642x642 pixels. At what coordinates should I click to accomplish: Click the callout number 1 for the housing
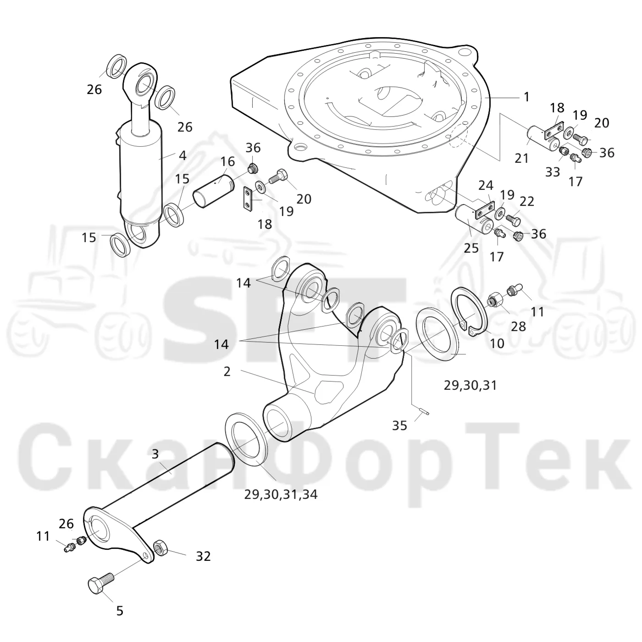(526, 97)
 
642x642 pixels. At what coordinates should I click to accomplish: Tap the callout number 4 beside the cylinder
(183, 156)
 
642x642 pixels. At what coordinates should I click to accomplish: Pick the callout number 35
(399, 426)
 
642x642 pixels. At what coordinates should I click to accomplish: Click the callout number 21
(521, 159)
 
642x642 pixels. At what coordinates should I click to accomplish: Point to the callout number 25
(471, 248)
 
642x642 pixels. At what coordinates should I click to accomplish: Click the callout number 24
(486, 186)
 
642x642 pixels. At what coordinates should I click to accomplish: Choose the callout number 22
(526, 202)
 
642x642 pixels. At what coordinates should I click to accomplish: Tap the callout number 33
(553, 172)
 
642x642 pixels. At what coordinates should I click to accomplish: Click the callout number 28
(518, 327)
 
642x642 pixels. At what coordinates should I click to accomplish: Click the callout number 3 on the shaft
(155, 454)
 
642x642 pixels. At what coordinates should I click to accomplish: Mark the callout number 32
(203, 556)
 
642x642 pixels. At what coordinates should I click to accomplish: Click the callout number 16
(227, 162)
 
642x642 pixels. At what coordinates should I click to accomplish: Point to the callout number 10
(497, 343)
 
